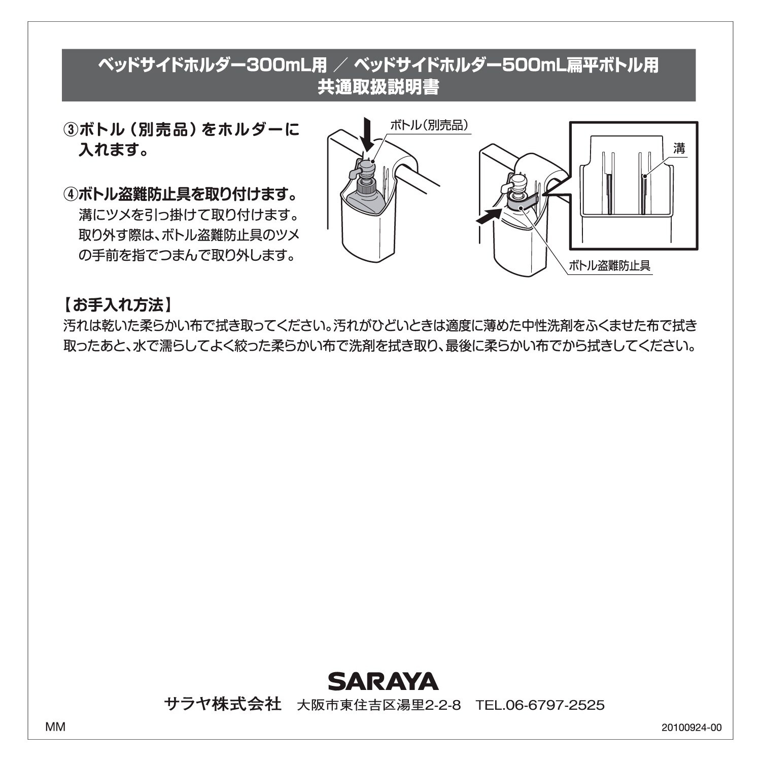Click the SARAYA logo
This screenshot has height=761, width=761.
(x=383, y=681)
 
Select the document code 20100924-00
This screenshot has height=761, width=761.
(x=691, y=728)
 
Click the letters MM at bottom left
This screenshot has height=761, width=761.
(x=55, y=727)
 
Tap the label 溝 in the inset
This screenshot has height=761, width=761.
(x=679, y=148)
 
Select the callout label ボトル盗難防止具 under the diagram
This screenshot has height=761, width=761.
(x=609, y=265)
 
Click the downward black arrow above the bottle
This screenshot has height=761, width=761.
(x=369, y=134)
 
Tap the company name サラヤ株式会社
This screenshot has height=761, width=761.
(x=223, y=704)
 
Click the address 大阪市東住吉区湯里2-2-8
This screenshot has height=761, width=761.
(x=379, y=706)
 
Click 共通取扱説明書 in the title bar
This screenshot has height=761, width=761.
(x=378, y=87)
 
